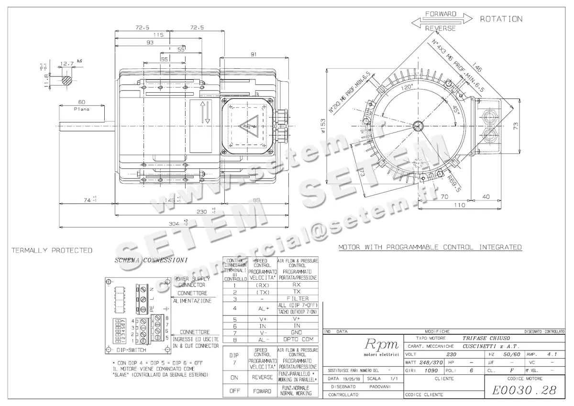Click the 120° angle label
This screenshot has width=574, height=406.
(x=407, y=88)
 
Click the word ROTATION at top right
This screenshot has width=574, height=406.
(x=501, y=19)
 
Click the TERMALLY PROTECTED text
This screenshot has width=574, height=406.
(x=52, y=250)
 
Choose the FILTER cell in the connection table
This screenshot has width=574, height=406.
(x=297, y=298)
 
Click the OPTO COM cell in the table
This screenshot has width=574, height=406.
(x=297, y=340)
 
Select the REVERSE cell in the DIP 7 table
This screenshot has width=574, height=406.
(x=262, y=377)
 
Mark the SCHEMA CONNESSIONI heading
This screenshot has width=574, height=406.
(x=151, y=261)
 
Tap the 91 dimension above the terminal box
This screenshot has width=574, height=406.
(x=254, y=54)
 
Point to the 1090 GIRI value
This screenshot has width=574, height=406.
(x=431, y=370)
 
